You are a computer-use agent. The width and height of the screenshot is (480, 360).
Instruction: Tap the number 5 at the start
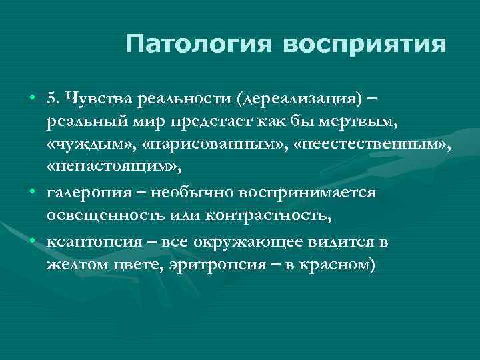point(52,100)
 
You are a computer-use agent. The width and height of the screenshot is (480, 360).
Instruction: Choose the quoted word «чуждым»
point(81,146)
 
